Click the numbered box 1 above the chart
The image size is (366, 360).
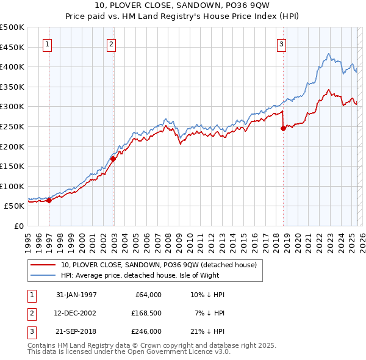[47, 43]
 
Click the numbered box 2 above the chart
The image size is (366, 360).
[111, 43]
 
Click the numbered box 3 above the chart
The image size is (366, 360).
[281, 43]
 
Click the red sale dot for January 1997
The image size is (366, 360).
[49, 200]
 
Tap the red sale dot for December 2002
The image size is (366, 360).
[113, 159]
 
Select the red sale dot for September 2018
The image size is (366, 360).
[283, 128]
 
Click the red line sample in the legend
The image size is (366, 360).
[43, 265]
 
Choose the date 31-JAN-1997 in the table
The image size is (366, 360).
[76, 295]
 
